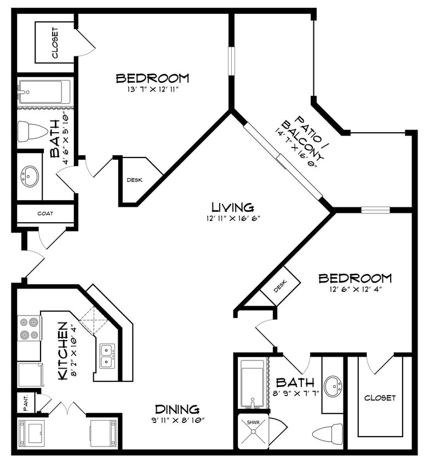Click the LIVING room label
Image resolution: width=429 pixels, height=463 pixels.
point(233,207)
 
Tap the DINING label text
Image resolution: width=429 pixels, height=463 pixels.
point(176,409)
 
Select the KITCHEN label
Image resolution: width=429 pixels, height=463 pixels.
point(64,351)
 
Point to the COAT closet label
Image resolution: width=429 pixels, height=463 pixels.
point(45,213)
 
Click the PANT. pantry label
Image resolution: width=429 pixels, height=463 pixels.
point(25,402)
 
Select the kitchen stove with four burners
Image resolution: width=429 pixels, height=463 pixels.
point(30,328)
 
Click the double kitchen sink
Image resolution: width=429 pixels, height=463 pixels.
point(107,355)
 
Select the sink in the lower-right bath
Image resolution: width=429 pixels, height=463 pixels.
point(332,386)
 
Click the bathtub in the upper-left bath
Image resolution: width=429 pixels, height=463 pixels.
point(44,92)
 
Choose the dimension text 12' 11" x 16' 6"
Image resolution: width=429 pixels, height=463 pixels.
point(233,218)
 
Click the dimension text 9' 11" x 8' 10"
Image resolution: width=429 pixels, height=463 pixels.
point(176,421)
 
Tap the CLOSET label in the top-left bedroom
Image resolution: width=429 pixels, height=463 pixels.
point(55,42)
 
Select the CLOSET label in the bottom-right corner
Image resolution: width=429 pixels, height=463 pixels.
point(380,398)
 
